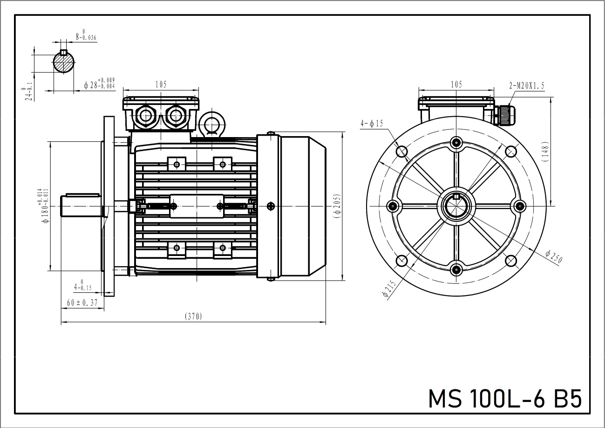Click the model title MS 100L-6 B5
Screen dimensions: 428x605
[505, 399]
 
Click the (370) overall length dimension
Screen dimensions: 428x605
[193, 317]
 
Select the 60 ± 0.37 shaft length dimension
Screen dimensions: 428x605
[82, 303]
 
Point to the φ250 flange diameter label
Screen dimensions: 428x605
[554, 256]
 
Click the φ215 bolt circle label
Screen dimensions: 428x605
[389, 289]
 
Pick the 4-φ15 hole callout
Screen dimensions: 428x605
[372, 124]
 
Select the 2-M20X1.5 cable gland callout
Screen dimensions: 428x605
[527, 85]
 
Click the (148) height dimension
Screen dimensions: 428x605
[546, 152]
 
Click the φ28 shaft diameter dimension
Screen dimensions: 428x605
[99, 84]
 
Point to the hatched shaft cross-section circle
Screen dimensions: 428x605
[64, 62]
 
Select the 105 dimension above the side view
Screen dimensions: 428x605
[161, 84]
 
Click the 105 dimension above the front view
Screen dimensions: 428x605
[456, 84]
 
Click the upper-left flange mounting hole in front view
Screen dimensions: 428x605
[401, 151]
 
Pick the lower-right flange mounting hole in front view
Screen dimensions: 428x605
[511, 261]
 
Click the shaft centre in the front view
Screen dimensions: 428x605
[456, 206]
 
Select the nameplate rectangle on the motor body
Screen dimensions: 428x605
[197, 206]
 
